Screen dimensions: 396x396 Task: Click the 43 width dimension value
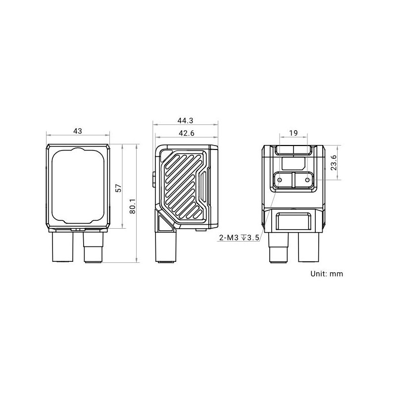point(78,131)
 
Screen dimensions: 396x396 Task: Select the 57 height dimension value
point(118,188)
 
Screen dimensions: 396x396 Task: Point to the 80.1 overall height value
point(133,206)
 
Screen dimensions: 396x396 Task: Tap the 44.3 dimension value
point(185,120)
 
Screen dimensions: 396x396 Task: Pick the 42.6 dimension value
point(187,133)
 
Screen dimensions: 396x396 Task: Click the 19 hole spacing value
point(294,133)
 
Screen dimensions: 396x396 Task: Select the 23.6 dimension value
point(334,162)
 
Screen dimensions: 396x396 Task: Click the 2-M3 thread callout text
point(239,238)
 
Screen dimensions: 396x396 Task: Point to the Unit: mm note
point(327,274)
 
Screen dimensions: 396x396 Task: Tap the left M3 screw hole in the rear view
point(280,180)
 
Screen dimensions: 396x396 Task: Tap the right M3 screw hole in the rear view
point(307,180)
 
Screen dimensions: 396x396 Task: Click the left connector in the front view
point(63,247)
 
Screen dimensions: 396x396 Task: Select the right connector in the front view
point(93,247)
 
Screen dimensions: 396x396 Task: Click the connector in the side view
point(166,247)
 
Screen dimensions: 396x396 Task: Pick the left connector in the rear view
point(279,247)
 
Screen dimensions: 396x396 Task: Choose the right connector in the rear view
point(309,247)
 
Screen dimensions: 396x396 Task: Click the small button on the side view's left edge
point(154,179)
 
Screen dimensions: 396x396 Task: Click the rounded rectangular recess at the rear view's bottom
point(294,221)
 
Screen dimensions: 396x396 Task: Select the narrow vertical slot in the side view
point(203,187)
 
